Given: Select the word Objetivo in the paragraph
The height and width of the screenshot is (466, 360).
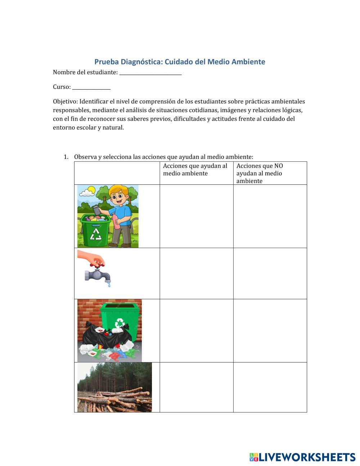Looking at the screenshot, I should point(64,102).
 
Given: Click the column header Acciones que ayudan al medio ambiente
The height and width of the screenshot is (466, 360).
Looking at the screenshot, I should point(195,170).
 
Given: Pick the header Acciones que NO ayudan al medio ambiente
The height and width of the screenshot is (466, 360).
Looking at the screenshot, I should point(260,173).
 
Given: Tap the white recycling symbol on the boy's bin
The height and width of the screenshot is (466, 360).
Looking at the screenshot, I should point(96,234).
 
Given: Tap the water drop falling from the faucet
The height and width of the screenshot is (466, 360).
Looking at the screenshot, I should point(109,285).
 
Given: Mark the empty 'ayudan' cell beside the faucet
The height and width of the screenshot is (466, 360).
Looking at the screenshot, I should point(196,273).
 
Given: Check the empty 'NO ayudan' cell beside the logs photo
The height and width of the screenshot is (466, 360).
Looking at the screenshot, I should point(270,387).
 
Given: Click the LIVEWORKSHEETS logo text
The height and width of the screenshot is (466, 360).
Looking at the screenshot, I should point(307,457).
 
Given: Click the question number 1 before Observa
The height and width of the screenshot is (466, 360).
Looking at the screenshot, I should point(66,157).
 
